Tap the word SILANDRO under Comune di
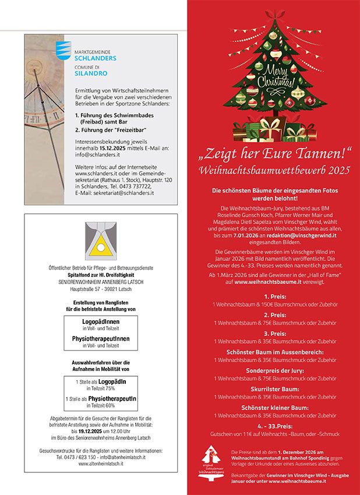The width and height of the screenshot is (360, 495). (88, 74)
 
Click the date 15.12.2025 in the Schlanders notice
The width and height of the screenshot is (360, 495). (107, 148)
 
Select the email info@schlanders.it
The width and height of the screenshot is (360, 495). (97, 155)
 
